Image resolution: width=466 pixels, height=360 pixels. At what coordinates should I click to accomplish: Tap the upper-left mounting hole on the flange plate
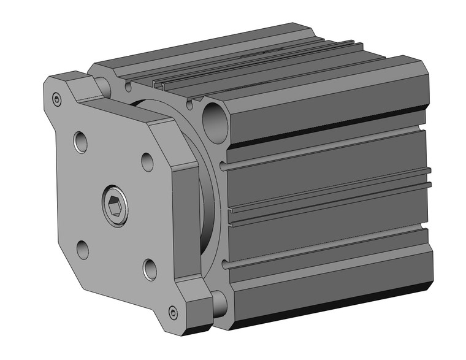point(81,143)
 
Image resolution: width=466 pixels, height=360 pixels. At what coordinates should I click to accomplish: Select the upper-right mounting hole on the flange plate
point(147,161)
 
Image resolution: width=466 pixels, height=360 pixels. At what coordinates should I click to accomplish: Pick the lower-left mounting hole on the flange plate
point(82,249)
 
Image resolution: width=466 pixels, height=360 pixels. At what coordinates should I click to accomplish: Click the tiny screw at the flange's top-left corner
point(58,98)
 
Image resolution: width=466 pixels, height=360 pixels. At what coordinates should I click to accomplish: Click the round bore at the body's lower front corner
point(219,302)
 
